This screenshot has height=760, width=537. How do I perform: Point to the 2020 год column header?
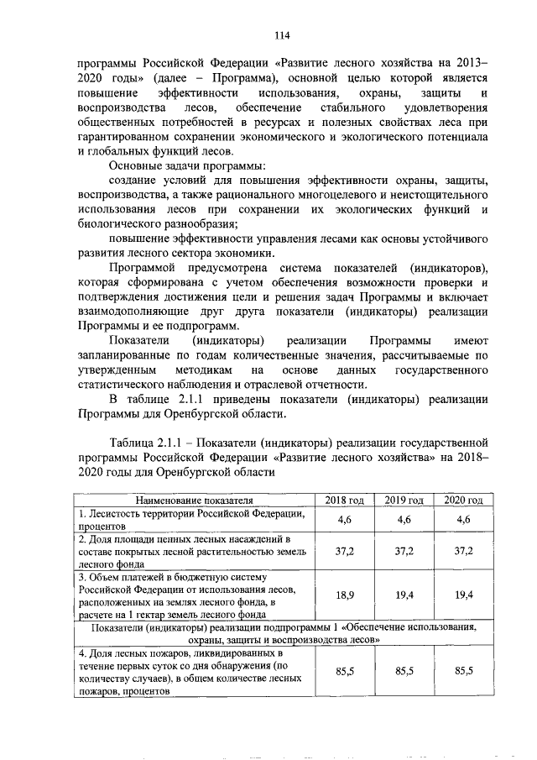point(464,501)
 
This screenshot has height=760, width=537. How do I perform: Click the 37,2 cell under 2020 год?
point(464,550)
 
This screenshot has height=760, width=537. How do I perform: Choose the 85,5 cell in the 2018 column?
point(344,671)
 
